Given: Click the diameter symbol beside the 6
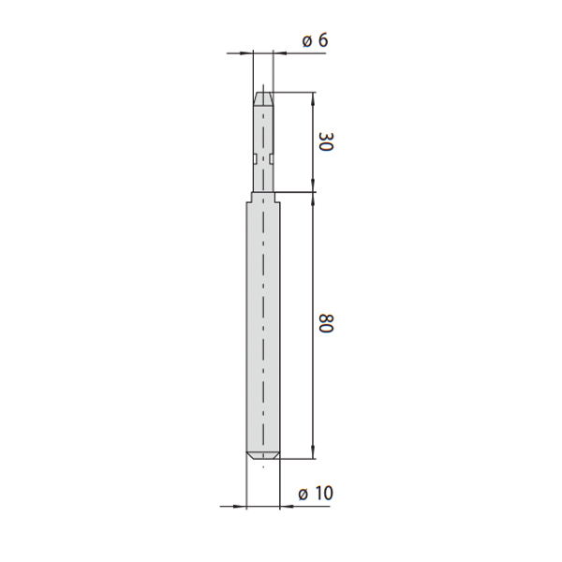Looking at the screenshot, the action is point(307,41).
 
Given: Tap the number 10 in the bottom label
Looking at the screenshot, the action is point(325,494).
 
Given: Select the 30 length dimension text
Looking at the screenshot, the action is point(326,142).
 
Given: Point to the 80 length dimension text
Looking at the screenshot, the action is point(326,323).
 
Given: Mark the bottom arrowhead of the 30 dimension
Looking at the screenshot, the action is point(313,185).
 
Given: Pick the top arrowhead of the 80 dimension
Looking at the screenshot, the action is point(313,199).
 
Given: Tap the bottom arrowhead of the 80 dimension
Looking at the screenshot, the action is point(313,452).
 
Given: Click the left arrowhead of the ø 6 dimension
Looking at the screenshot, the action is point(245,53).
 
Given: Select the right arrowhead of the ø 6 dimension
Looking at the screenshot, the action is point(280,53).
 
